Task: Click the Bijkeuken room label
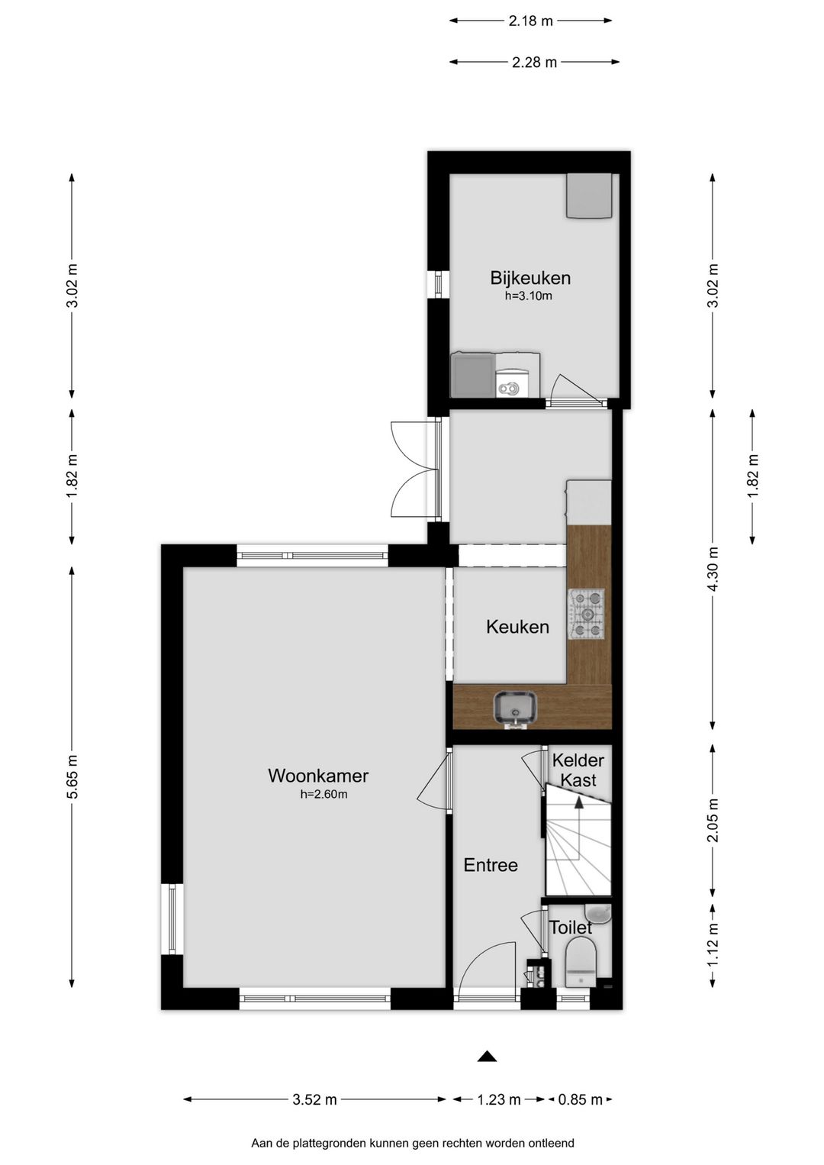tap(529, 278)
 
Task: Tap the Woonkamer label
tap(318, 776)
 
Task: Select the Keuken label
tap(518, 627)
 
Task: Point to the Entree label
tap(491, 865)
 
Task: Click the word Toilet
tap(571, 928)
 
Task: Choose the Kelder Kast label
tap(578, 770)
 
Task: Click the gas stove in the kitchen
tap(587, 615)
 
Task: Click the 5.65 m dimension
tap(72, 776)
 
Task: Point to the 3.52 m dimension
tap(314, 1099)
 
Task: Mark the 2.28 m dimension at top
tap(534, 62)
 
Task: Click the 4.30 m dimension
tap(713, 569)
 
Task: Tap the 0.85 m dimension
tap(580, 1099)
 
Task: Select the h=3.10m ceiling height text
tap(529, 296)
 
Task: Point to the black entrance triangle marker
tap(487, 1057)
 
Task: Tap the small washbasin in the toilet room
tap(598, 914)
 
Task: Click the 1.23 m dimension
tap(499, 1099)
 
